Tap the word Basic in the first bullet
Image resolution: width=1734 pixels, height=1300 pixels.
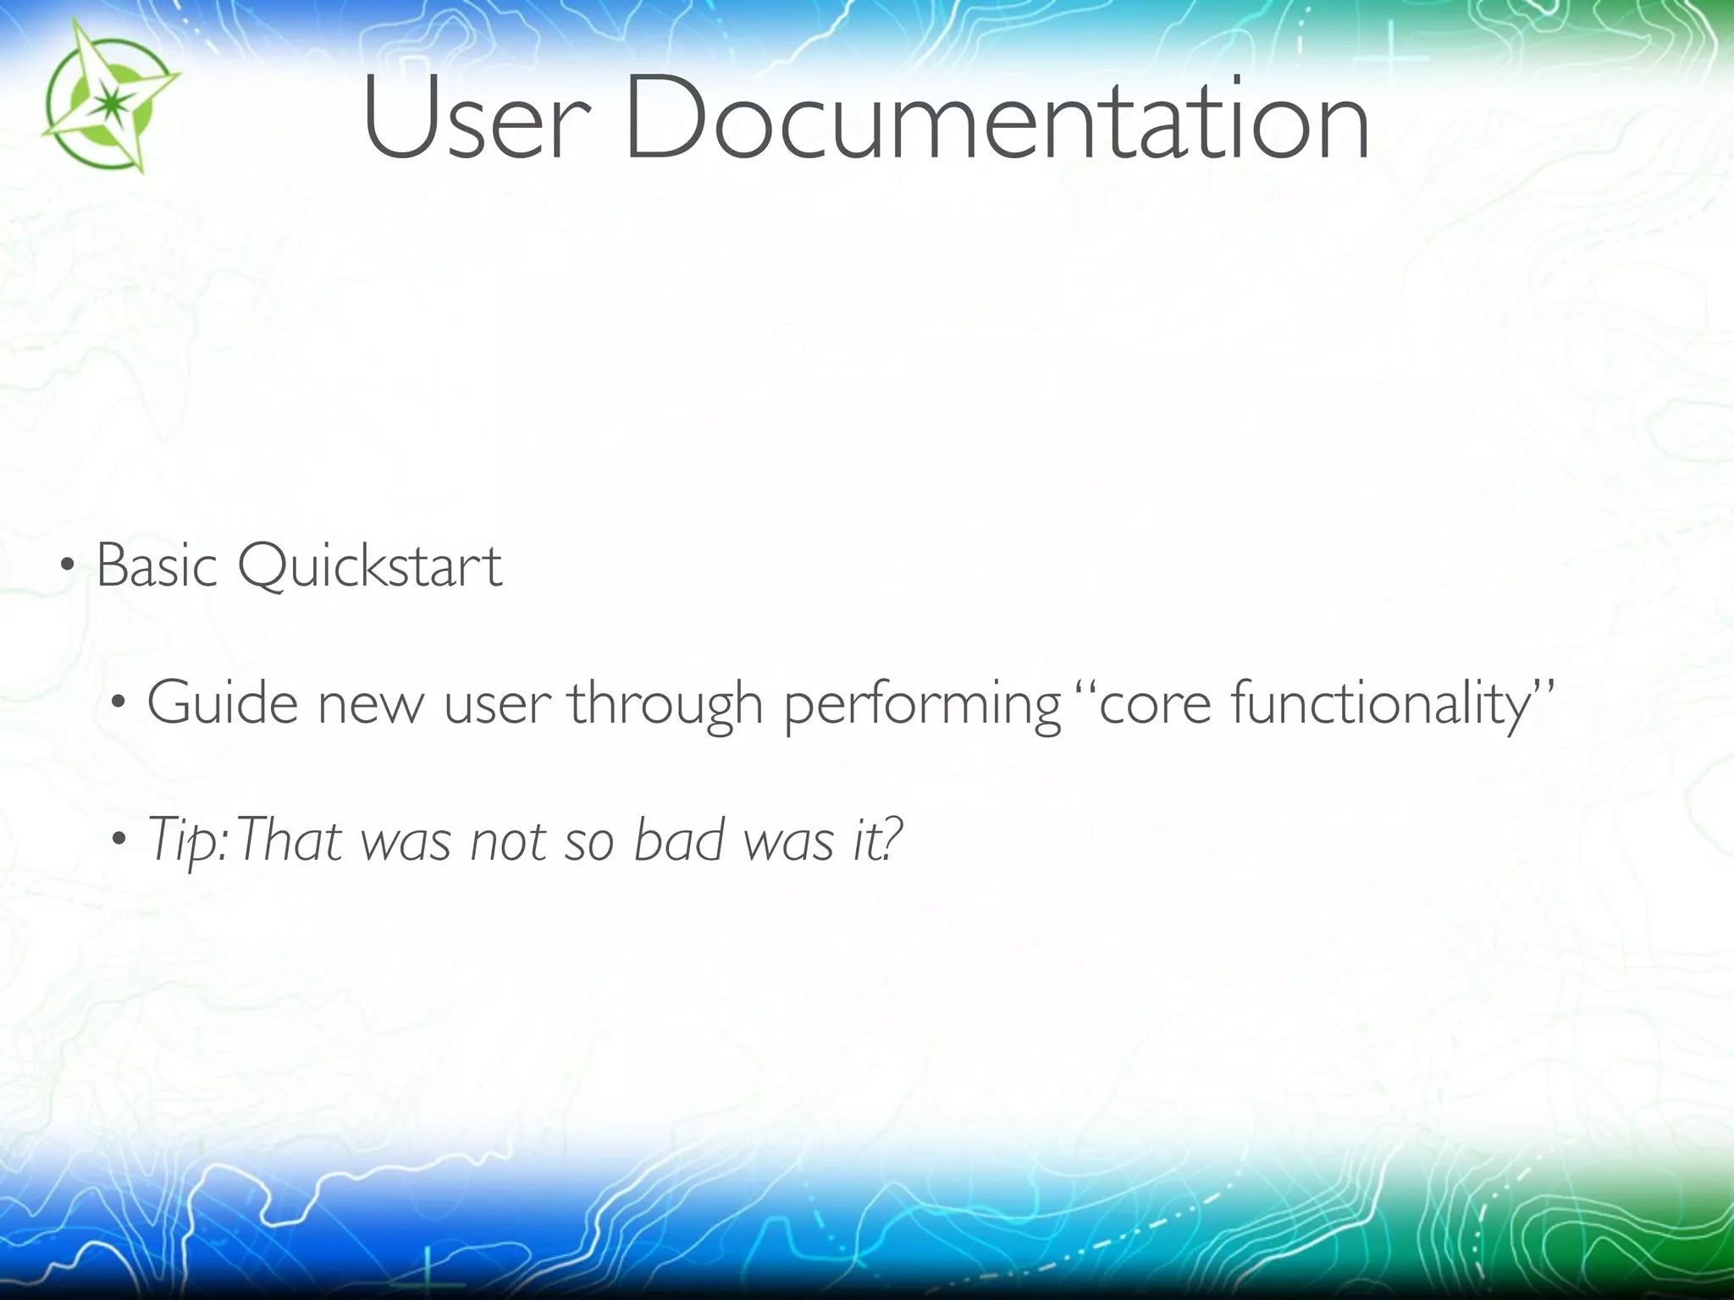[x=157, y=565]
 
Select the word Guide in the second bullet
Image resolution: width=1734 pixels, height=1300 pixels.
[x=223, y=702]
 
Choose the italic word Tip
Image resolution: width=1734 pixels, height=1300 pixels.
[x=186, y=841]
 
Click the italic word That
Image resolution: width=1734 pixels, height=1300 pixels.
[x=289, y=840]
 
